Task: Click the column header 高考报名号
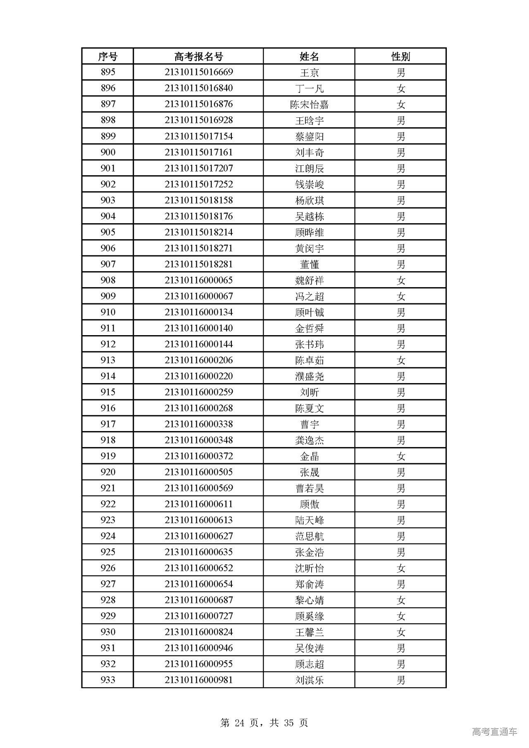coord(198,56)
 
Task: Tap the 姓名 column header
coord(309,56)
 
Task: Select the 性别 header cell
coord(400,56)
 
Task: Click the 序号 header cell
coord(108,56)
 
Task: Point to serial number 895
coord(108,72)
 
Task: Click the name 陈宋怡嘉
coord(309,105)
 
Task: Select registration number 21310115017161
coord(198,152)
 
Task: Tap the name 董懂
coord(309,264)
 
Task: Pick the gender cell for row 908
coord(400,281)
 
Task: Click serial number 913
coord(108,360)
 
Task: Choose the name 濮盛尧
coord(309,376)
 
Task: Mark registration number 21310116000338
coord(198,424)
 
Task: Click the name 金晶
coord(309,456)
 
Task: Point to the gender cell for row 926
coord(400,568)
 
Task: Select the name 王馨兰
coord(309,632)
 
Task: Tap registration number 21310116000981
coord(198,680)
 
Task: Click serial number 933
coord(108,680)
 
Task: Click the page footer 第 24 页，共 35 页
coord(264,722)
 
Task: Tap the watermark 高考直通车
coord(494,731)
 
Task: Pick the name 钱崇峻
coord(309,184)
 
